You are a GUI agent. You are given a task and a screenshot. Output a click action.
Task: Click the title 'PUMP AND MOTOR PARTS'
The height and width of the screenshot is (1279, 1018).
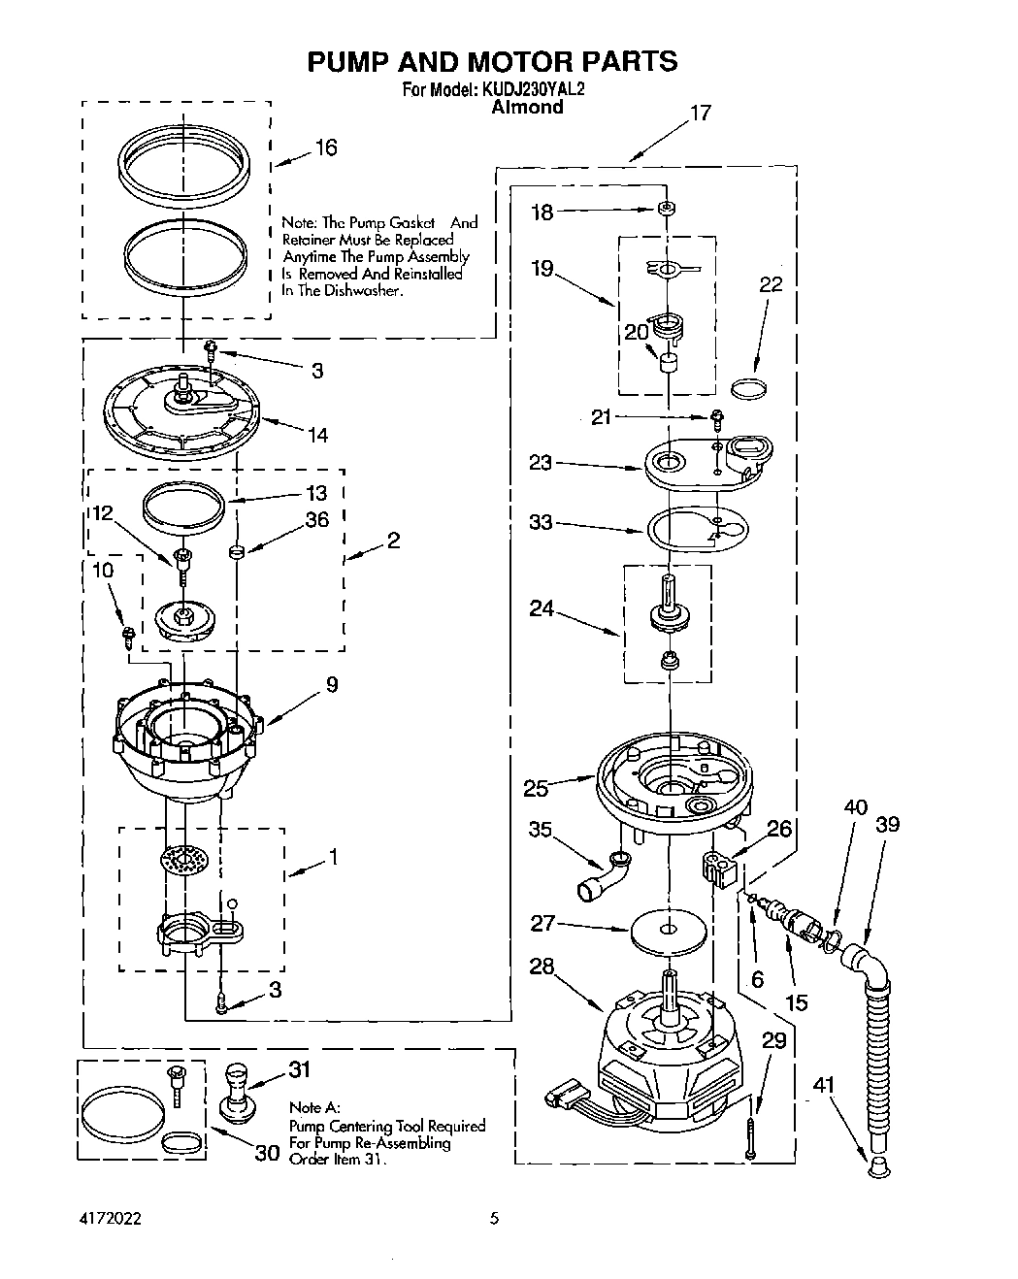click(492, 61)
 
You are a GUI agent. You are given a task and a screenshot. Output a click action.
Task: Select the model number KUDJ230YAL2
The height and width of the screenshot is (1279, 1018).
click(531, 89)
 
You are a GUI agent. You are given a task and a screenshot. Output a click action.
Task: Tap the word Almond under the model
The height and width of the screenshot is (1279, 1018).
click(527, 108)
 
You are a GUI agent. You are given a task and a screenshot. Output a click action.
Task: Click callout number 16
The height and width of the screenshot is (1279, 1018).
click(326, 148)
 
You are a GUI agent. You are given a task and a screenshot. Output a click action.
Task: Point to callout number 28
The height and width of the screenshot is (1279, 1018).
click(542, 967)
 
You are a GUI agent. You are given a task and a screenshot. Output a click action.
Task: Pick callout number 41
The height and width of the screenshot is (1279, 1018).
click(824, 1089)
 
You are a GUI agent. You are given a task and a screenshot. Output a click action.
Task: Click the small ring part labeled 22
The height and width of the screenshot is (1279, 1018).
click(747, 389)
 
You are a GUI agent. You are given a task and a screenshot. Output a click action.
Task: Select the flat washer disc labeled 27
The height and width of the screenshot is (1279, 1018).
click(668, 930)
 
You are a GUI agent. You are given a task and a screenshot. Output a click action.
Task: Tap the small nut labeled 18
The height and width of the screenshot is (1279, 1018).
click(666, 209)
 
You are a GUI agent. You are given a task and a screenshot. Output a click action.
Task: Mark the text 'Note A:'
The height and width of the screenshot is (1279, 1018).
click(314, 1107)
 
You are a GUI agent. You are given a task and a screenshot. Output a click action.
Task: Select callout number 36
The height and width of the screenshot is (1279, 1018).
click(316, 520)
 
